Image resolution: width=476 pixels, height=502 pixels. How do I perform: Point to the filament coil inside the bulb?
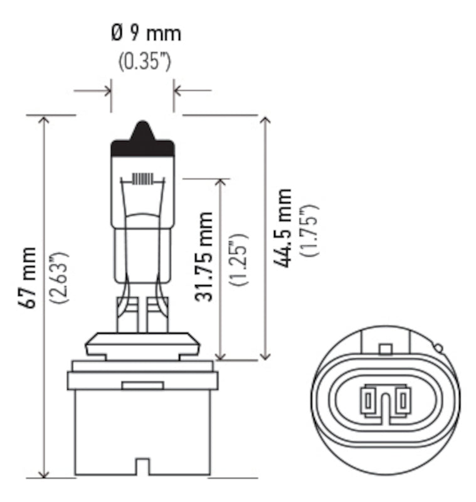click(x=143, y=179)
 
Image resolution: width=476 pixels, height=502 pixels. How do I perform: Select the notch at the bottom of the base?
click(x=142, y=467)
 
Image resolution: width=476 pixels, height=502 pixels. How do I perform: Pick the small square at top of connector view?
click(x=386, y=349)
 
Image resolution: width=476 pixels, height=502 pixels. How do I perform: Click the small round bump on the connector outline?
click(x=438, y=348)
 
